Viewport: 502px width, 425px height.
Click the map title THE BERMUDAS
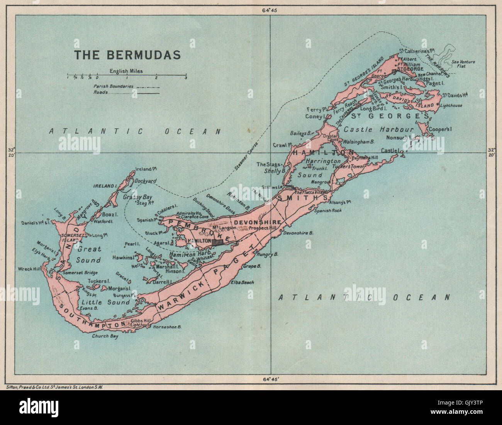coord(127,54)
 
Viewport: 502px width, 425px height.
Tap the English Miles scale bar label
coord(126,71)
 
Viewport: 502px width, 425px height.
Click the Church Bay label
coord(105,336)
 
